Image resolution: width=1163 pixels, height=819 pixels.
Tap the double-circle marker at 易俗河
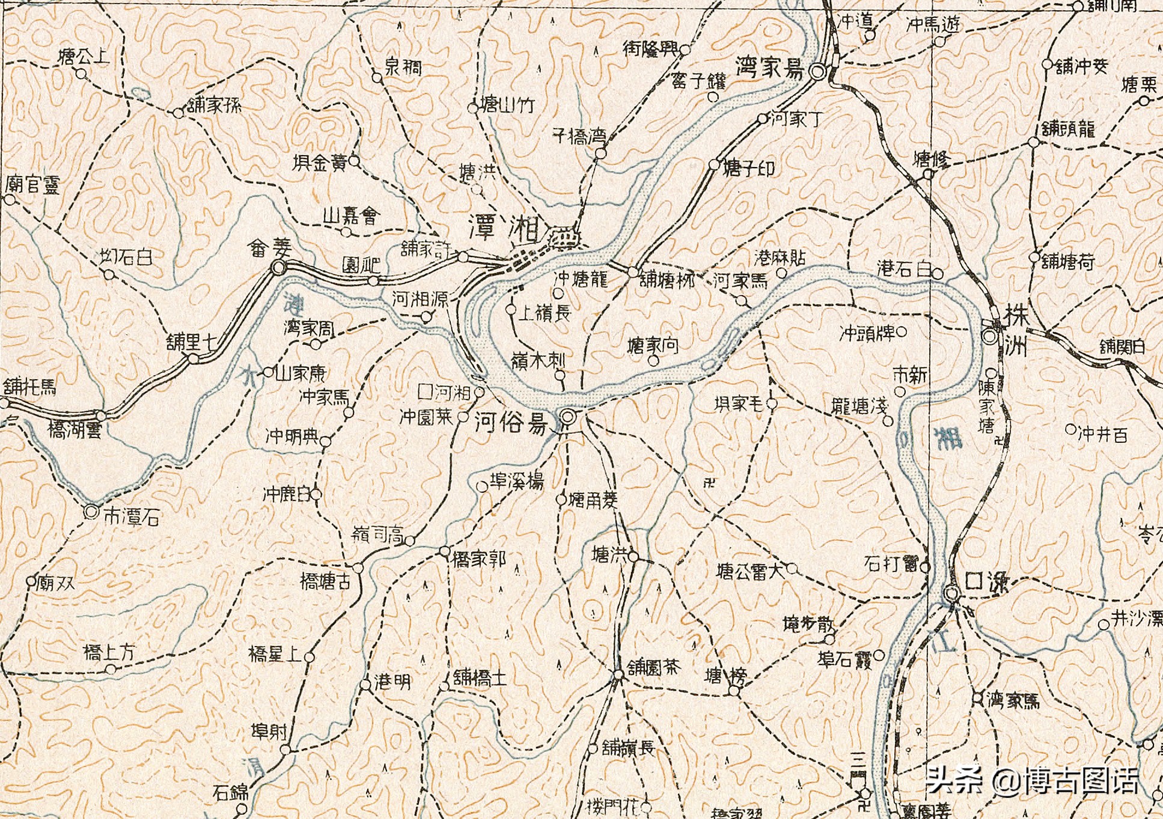568,417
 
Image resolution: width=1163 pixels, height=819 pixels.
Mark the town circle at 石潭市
91,512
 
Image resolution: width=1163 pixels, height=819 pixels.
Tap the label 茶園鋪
654,667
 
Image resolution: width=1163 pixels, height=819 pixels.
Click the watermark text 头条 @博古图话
1031,781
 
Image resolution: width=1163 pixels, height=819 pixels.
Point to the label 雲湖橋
75,431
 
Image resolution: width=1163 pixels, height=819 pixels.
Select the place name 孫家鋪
214,106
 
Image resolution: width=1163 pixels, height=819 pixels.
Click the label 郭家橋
479,559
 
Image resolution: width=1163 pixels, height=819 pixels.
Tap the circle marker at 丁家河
762,119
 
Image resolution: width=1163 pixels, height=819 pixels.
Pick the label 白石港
904,269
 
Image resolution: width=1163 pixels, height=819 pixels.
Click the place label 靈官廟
32,184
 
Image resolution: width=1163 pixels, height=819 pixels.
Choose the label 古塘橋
325,581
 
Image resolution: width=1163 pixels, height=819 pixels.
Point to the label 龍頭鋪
1068,129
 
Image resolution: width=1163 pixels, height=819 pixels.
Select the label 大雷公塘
751,570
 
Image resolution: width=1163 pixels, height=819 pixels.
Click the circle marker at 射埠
285,749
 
